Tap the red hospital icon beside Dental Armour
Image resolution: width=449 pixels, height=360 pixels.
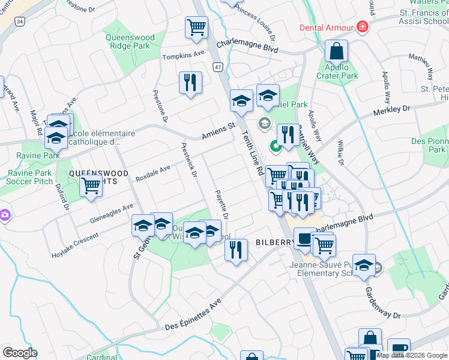click(362, 27)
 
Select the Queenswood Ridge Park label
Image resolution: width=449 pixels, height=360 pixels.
click(130, 41)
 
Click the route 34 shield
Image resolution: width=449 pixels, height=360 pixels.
click(20, 22)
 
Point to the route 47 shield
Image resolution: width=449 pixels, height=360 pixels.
click(217, 68)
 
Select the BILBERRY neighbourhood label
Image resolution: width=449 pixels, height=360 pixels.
click(274, 242)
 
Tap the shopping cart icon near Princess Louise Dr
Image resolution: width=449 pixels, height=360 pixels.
click(196, 26)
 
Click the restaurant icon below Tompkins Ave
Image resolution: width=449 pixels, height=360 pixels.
click(190, 82)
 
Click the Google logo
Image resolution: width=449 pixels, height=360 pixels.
click(20, 353)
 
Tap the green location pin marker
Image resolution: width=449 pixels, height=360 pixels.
click(276, 145)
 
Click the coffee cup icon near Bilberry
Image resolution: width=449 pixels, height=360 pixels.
click(304, 239)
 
